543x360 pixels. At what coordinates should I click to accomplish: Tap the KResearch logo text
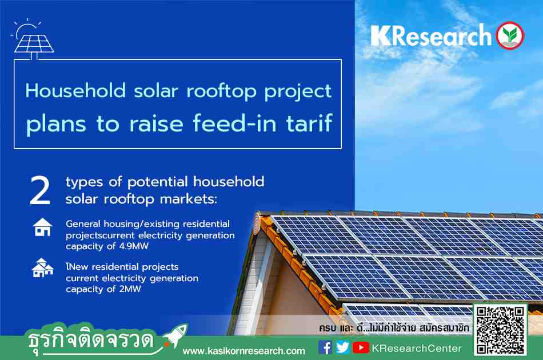pyautogui.click(x=431, y=35)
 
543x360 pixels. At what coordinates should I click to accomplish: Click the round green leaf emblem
pyautogui.click(x=510, y=35)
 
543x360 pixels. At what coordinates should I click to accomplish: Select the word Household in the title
pyautogui.click(x=75, y=91)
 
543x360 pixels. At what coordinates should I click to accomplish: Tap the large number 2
pyautogui.click(x=40, y=191)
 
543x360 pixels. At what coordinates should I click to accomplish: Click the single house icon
pyautogui.click(x=43, y=227)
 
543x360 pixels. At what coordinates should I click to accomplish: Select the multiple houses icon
pyautogui.click(x=43, y=267)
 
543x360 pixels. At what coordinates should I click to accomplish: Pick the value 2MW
pyautogui.click(x=130, y=289)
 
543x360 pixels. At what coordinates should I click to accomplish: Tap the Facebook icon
pyautogui.click(x=325, y=347)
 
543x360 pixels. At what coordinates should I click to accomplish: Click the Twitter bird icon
pyautogui.click(x=342, y=347)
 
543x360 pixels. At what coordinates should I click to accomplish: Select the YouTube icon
pyautogui.click(x=361, y=347)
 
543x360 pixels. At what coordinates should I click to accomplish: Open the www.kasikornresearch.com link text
pyautogui.click(x=244, y=351)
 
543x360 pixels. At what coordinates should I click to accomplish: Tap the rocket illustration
pyautogui.click(x=175, y=335)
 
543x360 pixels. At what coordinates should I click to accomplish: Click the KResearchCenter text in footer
pyautogui.click(x=417, y=348)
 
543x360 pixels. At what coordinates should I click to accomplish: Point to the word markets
pyautogui.click(x=189, y=199)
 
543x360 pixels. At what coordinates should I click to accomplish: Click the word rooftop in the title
pyautogui.click(x=221, y=91)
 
